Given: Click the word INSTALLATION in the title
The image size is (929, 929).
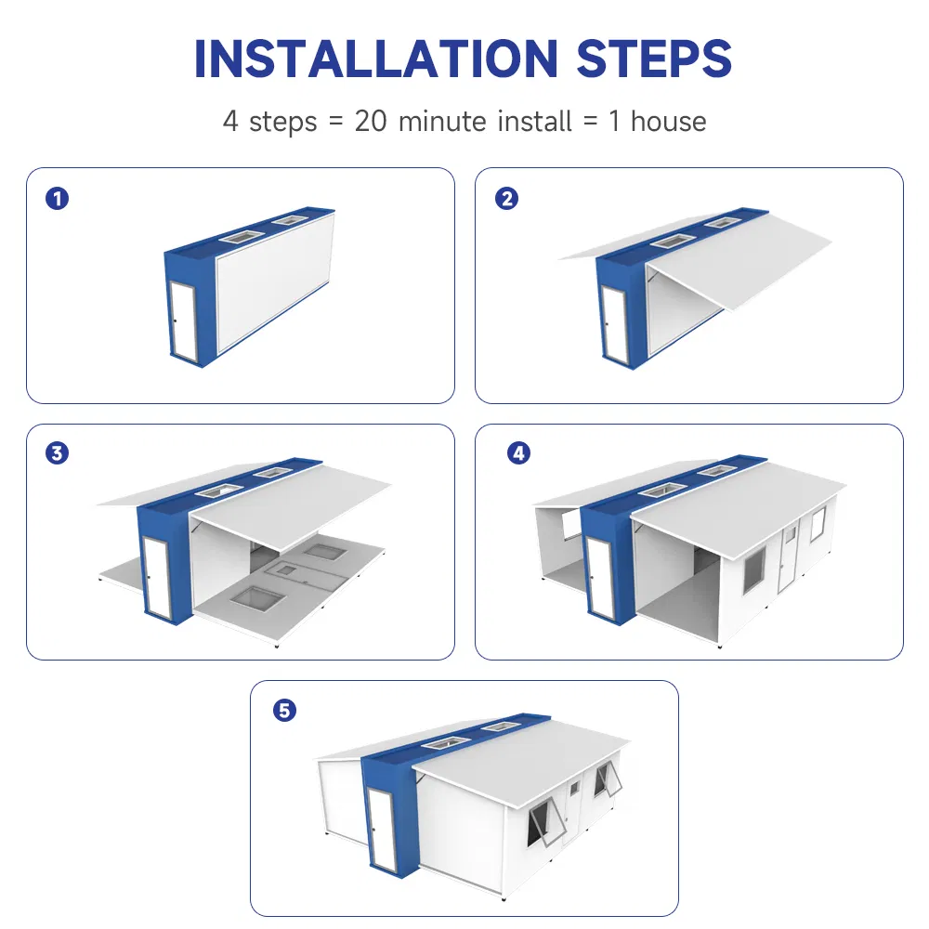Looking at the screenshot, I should pyautogui.click(x=377, y=58).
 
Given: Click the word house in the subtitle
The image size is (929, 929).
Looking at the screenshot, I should pyautogui.click(x=668, y=121).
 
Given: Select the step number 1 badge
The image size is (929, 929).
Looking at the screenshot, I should pyautogui.click(x=58, y=198).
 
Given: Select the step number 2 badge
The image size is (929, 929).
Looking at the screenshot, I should pyautogui.click(x=506, y=198).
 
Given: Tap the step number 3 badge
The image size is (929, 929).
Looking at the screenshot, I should pyautogui.click(x=58, y=453).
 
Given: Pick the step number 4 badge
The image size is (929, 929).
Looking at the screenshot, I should pyautogui.click(x=518, y=453).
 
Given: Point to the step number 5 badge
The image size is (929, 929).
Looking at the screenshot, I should pyautogui.click(x=284, y=711).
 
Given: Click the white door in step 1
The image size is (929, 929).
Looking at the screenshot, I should pyautogui.click(x=184, y=319).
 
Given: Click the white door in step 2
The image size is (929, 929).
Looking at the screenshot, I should pyautogui.click(x=613, y=324).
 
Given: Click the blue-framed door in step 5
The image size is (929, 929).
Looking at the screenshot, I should pyautogui.click(x=382, y=829).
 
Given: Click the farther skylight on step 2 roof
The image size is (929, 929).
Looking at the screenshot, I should pyautogui.click(x=720, y=222).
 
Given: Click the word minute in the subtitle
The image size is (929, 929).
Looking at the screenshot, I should pyautogui.click(x=444, y=121).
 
